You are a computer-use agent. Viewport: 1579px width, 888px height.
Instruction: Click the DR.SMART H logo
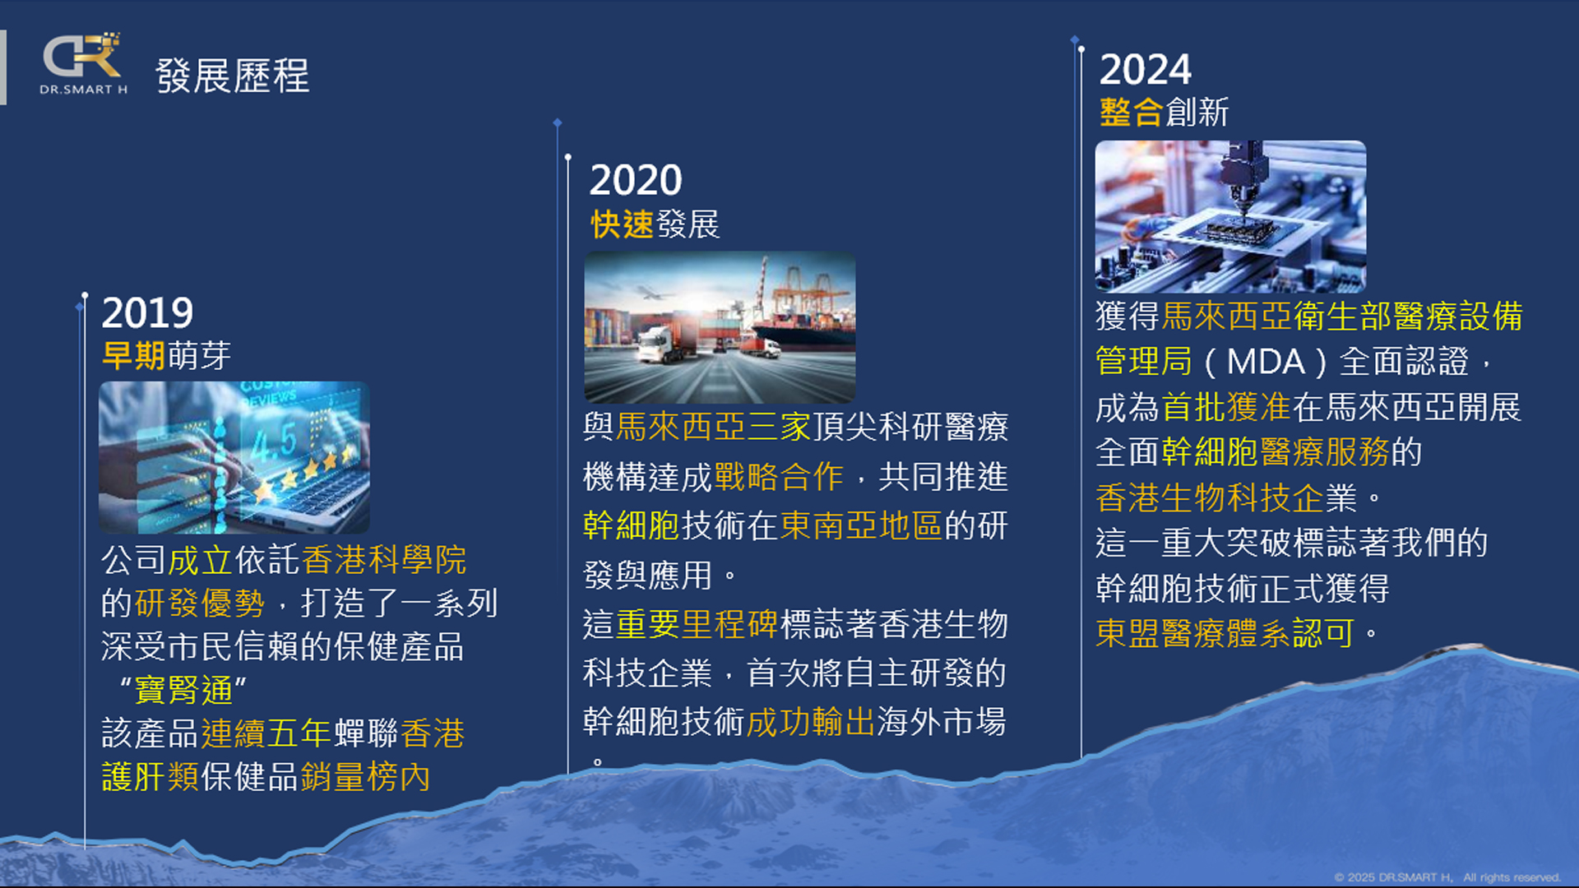coord(83,64)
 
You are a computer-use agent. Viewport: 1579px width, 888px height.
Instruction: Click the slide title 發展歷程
coord(233,76)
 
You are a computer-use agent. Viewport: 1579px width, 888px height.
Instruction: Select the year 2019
coord(147,312)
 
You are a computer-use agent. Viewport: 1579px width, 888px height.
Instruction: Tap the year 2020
coord(636,180)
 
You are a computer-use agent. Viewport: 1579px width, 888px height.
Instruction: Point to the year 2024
coord(1146,69)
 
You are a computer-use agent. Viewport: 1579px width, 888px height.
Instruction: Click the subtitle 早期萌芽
coord(166,355)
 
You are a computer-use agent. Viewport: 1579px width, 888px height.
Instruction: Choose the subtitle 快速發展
coord(655,224)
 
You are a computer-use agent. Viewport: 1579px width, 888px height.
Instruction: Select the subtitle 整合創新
coord(1164,112)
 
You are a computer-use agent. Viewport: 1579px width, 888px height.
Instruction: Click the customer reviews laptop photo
coord(234,457)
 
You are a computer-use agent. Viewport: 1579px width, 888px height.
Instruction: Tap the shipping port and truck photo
coord(720,327)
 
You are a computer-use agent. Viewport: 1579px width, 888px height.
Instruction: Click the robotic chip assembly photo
coord(1230,216)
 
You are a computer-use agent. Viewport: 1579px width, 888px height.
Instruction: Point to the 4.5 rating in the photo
coord(274,442)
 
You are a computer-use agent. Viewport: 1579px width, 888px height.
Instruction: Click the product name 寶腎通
coord(183,690)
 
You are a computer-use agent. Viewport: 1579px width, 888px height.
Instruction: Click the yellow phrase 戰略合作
coord(779,476)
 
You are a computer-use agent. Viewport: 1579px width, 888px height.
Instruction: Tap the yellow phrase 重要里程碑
coord(697,624)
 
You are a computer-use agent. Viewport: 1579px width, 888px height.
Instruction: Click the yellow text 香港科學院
coord(384,560)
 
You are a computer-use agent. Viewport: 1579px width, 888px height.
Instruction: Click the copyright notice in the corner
coord(1447,877)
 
